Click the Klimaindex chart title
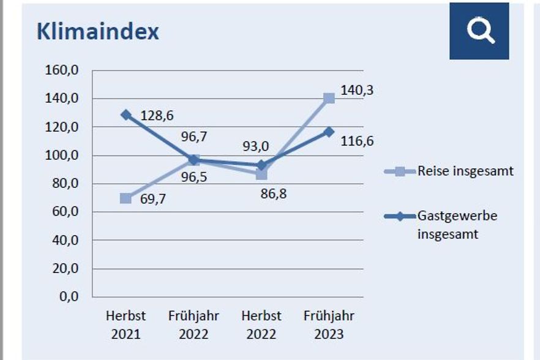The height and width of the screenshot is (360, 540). click(98, 32)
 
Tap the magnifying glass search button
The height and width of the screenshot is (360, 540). click(479, 31)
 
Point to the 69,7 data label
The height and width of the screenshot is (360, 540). click(153, 199)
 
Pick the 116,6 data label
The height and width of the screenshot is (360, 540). click(358, 141)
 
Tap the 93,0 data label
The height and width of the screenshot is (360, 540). click(255, 147)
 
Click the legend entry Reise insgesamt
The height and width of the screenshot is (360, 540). click(465, 171)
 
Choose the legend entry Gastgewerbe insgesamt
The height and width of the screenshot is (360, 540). click(457, 225)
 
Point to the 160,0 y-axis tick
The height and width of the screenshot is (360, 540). click(62, 70)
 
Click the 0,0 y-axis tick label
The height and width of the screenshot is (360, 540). click(68, 297)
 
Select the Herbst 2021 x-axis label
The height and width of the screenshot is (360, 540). click(126, 325)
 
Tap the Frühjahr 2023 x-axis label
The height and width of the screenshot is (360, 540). click(329, 325)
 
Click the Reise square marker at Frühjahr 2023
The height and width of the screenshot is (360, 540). click(329, 98)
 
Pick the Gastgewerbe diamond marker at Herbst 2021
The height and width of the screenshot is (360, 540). click(126, 114)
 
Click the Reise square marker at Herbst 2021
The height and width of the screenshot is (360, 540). click(126, 198)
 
